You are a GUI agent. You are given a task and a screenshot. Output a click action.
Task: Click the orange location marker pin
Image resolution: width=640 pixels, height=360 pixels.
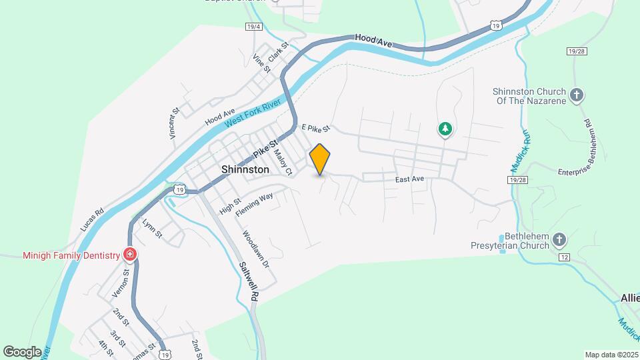pos(320,159)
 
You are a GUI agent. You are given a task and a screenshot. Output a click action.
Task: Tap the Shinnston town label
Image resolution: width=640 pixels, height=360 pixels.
pos(245,170)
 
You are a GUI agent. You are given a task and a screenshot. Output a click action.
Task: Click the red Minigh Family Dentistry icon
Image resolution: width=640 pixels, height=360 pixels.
pos(129,255)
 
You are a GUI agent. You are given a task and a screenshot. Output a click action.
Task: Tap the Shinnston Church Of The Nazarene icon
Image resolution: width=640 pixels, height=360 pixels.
pos(577,95)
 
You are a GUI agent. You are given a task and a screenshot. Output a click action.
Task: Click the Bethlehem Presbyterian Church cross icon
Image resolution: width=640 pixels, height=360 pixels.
pos(560,239)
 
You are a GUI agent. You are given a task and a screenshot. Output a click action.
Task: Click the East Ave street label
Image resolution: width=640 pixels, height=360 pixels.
pos(409,179)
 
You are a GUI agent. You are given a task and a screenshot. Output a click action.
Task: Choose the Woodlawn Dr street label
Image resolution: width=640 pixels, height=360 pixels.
pos(255,250)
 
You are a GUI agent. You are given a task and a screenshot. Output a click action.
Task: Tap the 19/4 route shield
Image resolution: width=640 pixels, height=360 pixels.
pos(253,27)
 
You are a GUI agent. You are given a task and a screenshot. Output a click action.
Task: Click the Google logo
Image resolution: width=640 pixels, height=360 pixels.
pos(22,351)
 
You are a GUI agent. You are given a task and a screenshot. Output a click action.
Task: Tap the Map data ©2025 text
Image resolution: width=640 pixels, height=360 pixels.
pos(611,355)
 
